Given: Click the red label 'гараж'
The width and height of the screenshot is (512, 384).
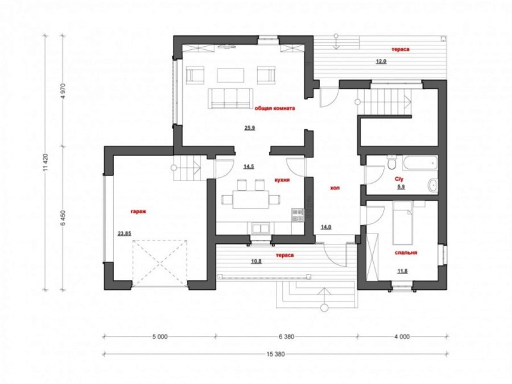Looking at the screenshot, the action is click(138, 211).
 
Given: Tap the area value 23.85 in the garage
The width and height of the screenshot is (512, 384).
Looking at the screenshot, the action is click(124, 233).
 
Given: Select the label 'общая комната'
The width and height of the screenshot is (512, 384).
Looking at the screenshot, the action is click(275, 108).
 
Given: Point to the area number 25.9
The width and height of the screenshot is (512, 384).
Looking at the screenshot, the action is click(250, 128).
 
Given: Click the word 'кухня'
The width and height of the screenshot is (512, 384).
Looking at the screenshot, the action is click(282, 180).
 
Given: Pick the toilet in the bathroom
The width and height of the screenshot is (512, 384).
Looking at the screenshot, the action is click(392, 162).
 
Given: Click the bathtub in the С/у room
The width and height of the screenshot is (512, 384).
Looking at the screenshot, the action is click(420, 163).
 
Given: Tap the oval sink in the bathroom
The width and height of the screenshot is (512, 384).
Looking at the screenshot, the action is click(433, 186).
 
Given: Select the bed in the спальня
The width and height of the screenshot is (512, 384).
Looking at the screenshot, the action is click(403, 223).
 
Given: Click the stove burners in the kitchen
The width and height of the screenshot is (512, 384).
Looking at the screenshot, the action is click(298, 215).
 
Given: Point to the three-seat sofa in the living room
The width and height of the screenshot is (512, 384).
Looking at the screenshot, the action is click(230, 98).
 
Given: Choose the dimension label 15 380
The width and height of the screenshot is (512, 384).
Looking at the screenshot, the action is click(275, 354).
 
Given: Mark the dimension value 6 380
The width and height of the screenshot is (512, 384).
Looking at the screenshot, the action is click(286, 337).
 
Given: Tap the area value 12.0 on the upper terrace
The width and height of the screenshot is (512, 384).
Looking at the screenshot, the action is click(381, 61).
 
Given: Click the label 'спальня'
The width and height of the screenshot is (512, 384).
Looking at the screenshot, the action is click(406, 252).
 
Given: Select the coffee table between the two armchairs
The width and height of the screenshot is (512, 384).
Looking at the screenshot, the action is click(230, 75).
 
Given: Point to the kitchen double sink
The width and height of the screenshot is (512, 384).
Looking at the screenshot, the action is click(260, 228).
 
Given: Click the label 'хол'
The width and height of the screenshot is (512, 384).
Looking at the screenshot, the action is click(335, 188).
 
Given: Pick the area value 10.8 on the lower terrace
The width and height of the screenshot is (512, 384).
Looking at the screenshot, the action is click(257, 261).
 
